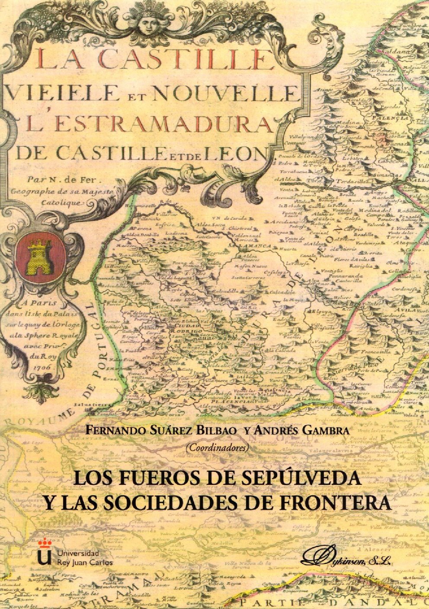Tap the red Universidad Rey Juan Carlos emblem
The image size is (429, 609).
tap(44, 556)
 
